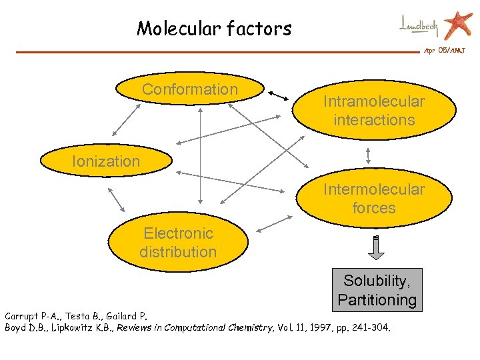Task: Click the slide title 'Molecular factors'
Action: pos(214,29)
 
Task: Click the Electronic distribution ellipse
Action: pos(178,243)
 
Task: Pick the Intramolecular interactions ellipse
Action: pos(373,111)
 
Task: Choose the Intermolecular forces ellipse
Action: pos(373,199)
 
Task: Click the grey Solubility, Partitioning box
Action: pos(377,291)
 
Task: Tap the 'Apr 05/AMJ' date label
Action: pos(445,51)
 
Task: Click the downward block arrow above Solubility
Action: pos(377,248)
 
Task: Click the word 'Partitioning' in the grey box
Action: pos(377,300)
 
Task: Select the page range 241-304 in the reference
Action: pos(371,327)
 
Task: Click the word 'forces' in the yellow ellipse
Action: pos(373,208)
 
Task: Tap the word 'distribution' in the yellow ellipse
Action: pos(178,252)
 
